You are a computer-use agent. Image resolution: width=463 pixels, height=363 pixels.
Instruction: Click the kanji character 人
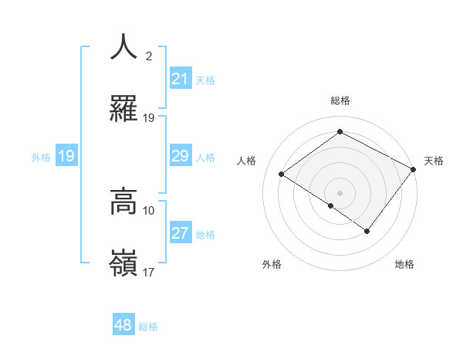pos(123,47)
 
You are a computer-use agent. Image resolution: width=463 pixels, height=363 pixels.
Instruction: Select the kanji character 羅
pos(123,110)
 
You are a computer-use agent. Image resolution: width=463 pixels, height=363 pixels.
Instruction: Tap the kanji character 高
pos(123,202)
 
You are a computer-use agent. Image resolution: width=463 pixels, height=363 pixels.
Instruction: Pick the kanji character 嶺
pos(123,264)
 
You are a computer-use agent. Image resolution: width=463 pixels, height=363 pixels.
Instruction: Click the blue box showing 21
pos(181,78)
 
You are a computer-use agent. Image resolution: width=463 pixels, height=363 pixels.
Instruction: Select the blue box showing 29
pos(181,156)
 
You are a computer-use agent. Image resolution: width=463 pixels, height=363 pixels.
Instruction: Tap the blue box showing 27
pos(181,233)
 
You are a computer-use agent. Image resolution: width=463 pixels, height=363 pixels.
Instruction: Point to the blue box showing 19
pos(66,156)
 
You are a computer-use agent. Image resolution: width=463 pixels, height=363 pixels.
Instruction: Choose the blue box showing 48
pos(123,325)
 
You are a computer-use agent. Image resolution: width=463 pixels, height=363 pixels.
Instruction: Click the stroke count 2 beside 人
pos(149,56)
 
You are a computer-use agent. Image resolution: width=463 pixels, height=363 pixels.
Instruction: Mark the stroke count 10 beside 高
pos(149,210)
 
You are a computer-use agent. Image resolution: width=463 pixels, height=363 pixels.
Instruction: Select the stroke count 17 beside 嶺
pos(149,272)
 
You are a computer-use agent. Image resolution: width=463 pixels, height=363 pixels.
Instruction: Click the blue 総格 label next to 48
pos(148,327)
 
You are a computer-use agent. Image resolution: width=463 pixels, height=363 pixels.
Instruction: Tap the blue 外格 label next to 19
pos(41,157)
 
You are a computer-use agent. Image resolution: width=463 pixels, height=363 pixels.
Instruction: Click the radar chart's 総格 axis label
pos(340,100)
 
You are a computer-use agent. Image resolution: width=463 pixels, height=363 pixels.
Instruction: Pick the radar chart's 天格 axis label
pos(434,161)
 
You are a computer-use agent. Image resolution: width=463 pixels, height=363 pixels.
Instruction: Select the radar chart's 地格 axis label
pos(404,264)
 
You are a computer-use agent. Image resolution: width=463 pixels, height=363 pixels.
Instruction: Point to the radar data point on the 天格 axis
pos(414,169)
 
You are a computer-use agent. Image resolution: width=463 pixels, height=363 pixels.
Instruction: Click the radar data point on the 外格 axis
pos(331,205)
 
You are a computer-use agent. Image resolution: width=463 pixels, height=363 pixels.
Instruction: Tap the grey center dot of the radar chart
pos(340,192)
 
